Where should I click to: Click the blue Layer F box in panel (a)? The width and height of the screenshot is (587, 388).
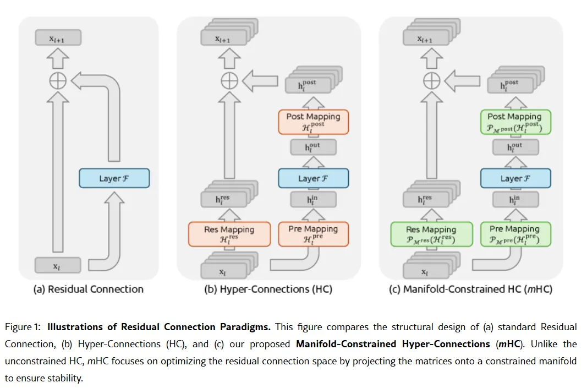[x=114, y=178]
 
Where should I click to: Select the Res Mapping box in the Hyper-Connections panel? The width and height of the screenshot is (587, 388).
[x=229, y=234]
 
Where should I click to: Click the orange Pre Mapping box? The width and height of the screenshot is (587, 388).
[x=313, y=234]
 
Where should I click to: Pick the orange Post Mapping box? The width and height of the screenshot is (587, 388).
[x=313, y=122]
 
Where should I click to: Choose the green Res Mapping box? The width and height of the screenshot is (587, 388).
[x=431, y=234]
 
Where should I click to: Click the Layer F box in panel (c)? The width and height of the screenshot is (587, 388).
[x=515, y=178]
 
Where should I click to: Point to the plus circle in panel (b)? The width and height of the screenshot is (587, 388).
[x=229, y=81]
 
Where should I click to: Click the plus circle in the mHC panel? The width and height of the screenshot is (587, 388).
[x=431, y=81]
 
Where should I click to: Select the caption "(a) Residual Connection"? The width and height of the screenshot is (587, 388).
[x=89, y=289]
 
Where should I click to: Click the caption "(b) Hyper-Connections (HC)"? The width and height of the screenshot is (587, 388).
[x=268, y=289]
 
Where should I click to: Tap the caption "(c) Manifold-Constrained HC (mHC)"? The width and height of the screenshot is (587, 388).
[x=470, y=289]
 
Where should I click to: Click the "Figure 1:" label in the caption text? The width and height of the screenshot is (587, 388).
[x=23, y=327]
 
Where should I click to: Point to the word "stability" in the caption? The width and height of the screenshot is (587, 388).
[x=67, y=379]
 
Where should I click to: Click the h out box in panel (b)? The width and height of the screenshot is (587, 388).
[x=312, y=147]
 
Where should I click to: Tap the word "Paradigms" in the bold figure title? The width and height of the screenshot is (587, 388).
[x=245, y=327]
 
